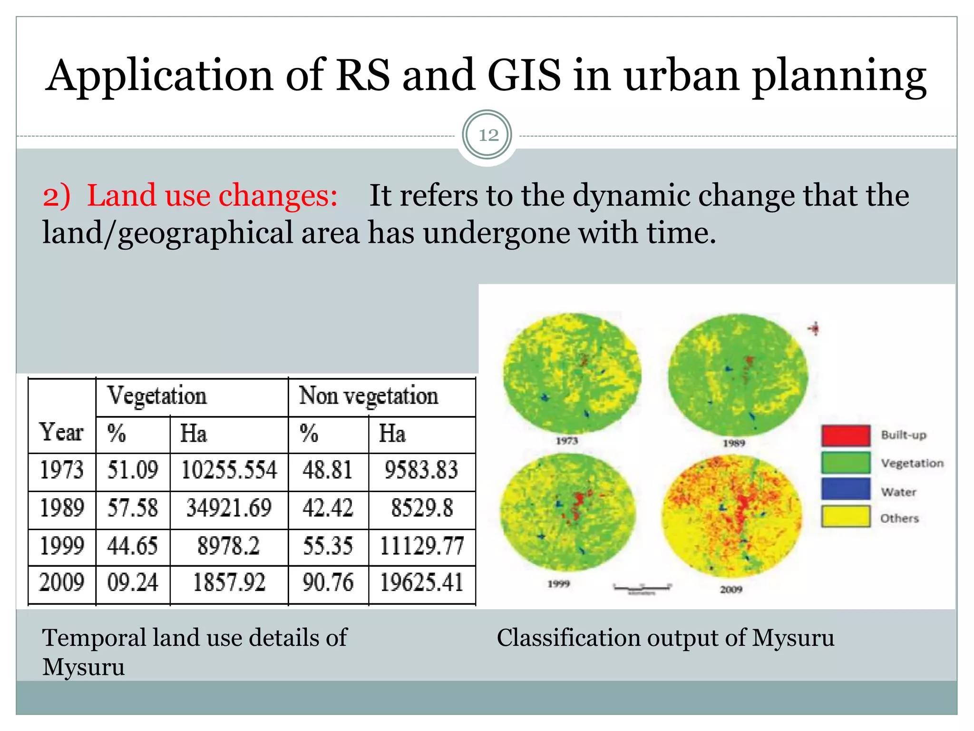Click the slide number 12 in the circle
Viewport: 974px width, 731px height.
(488, 135)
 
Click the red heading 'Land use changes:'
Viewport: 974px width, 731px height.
(212, 195)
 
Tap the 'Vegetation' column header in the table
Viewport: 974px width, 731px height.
(157, 395)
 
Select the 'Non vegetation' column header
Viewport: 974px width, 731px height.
(368, 395)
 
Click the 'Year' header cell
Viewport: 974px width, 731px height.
(61, 432)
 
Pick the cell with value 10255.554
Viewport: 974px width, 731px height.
(229, 470)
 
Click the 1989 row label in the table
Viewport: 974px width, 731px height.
(61, 508)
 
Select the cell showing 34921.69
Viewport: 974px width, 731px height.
(229, 508)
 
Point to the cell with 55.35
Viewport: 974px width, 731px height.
(328, 545)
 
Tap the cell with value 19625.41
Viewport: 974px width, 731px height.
(421, 583)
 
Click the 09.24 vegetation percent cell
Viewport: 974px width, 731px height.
(132, 583)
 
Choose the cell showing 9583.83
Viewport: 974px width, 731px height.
(421, 470)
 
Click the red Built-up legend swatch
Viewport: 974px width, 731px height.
(846, 435)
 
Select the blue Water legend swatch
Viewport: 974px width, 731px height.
(846, 489)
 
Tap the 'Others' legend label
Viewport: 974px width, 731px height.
(899, 518)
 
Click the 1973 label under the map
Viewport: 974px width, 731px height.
(567, 441)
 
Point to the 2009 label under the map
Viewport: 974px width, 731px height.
(731, 589)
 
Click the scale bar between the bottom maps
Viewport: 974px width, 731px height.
(642, 588)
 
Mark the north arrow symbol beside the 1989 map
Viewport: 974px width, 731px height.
(815, 328)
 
